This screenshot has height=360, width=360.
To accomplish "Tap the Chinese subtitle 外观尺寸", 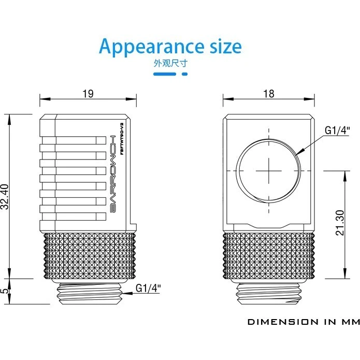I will point(170,64).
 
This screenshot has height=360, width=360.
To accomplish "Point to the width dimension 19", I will point(88,94).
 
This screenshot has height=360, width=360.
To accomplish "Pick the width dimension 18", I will point(269,94).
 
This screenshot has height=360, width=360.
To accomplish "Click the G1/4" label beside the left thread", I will point(148,287).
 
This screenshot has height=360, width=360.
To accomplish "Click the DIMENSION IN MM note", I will point(303,322).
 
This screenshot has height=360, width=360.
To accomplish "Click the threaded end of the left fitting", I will point(89,294).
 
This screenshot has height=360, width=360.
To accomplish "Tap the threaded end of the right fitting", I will point(269,294).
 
